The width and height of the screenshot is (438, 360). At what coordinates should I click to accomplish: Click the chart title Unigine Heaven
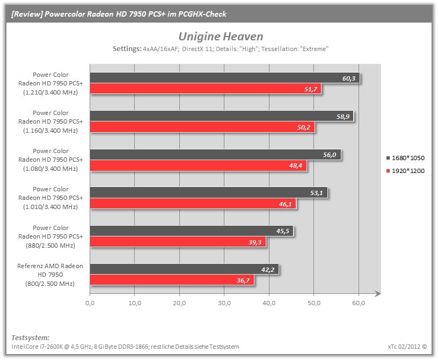tap(221, 37)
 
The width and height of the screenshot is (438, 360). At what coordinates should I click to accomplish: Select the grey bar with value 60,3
tap(225, 78)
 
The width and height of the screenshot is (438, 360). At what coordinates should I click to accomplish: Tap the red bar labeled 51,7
tap(206, 89)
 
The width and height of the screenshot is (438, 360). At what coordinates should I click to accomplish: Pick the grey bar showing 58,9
tap(222, 116)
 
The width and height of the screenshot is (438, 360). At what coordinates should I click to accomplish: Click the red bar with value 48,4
tap(198, 165)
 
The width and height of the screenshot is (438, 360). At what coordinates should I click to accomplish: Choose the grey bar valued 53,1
tap(209, 192)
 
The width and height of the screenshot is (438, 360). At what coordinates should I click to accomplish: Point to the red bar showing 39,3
tap(178, 242)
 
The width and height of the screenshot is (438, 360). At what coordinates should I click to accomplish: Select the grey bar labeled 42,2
tap(184, 269)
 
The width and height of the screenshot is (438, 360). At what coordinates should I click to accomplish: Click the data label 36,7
tap(243, 280)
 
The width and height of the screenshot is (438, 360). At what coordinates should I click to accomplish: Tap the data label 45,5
tap(283, 231)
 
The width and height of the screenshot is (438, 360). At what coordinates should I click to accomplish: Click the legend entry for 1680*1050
tap(405, 158)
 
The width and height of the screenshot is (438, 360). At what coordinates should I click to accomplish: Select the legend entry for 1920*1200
tap(405, 171)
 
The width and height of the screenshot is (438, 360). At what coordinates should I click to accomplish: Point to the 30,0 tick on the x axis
tap(224, 303)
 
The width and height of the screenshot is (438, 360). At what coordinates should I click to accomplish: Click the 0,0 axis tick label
tap(90, 303)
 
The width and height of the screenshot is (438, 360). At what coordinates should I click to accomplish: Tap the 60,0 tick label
tap(359, 303)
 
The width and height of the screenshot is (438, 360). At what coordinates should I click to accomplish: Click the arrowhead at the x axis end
tap(378, 293)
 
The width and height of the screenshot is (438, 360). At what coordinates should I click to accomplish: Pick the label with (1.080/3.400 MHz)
tap(50, 169)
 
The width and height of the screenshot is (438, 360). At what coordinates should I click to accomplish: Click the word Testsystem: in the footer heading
tap(31, 337)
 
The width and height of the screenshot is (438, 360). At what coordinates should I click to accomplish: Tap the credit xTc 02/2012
tap(404, 347)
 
